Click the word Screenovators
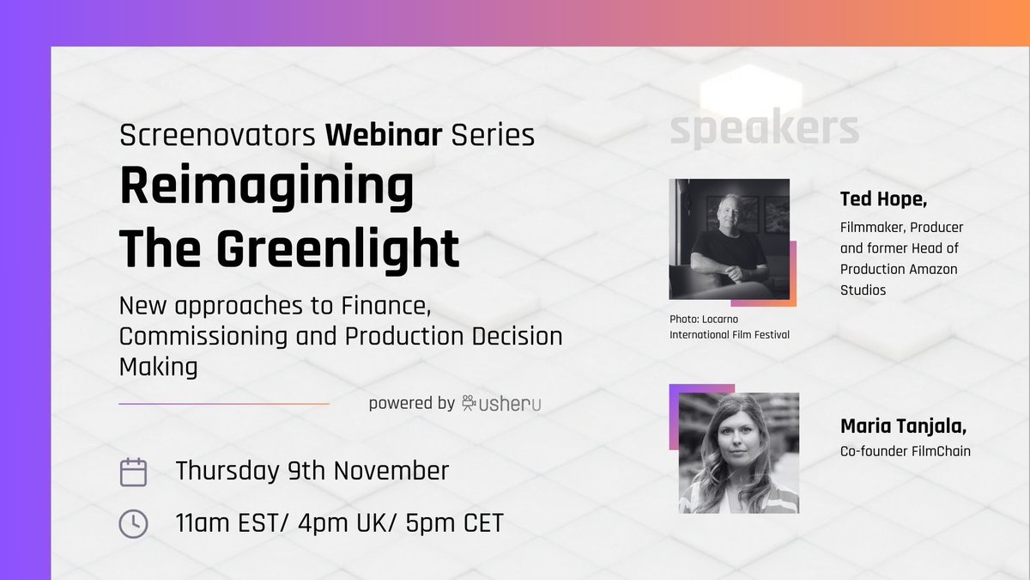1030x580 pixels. (218, 135)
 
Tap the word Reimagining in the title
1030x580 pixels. (266, 187)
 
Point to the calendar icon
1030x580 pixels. (133, 473)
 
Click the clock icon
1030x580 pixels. (133, 523)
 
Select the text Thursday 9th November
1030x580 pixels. (312, 471)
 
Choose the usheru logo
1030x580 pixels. (502, 402)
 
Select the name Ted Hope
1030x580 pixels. (883, 199)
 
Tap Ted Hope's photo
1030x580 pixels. (729, 238)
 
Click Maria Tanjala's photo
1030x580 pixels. (738, 453)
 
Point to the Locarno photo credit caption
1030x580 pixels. (729, 327)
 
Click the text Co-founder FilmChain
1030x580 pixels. (906, 451)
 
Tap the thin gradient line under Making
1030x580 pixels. (224, 404)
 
